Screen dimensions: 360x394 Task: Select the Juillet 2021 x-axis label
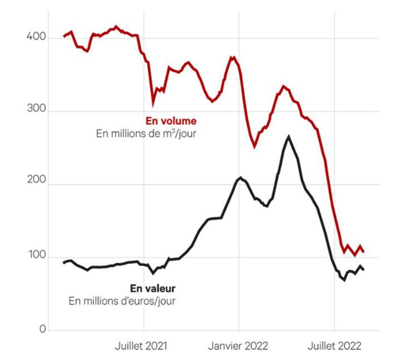point(141,346)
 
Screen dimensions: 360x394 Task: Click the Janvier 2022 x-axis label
point(238,346)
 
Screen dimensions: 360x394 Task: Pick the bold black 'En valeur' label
point(152,288)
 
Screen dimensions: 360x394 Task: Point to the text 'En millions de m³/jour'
point(146,134)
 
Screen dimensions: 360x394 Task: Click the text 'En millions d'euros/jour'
point(122,301)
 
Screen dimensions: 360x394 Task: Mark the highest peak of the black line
point(288,136)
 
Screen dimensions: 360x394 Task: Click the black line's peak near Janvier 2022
point(241,178)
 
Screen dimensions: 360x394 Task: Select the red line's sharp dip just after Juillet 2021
point(153,104)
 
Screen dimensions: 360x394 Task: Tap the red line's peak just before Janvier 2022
point(233,57)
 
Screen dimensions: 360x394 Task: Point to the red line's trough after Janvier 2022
point(254,146)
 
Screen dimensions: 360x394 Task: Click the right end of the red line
point(364,252)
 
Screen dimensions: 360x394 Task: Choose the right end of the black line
point(364,270)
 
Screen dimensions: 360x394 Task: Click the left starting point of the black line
point(63,262)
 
